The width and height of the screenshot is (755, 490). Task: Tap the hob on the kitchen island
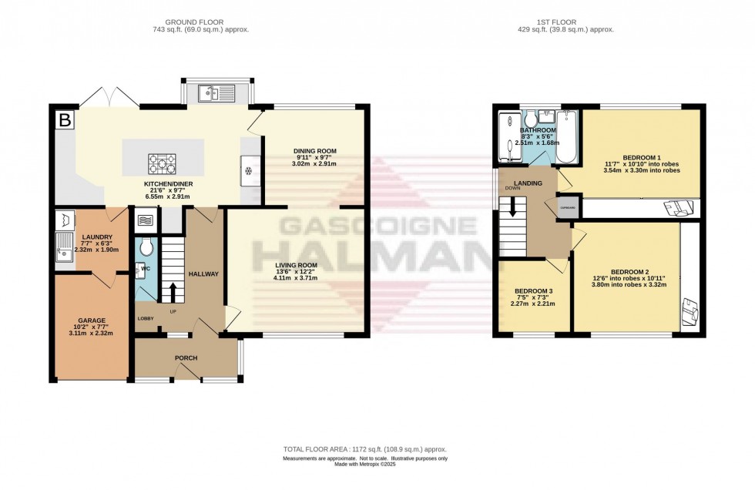163,163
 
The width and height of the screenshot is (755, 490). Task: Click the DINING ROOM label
315,151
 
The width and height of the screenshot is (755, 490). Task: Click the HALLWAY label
204,274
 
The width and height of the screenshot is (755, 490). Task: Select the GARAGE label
91,321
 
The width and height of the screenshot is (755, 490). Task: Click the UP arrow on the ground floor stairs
172,294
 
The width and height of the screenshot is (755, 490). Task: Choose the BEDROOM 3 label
532,291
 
